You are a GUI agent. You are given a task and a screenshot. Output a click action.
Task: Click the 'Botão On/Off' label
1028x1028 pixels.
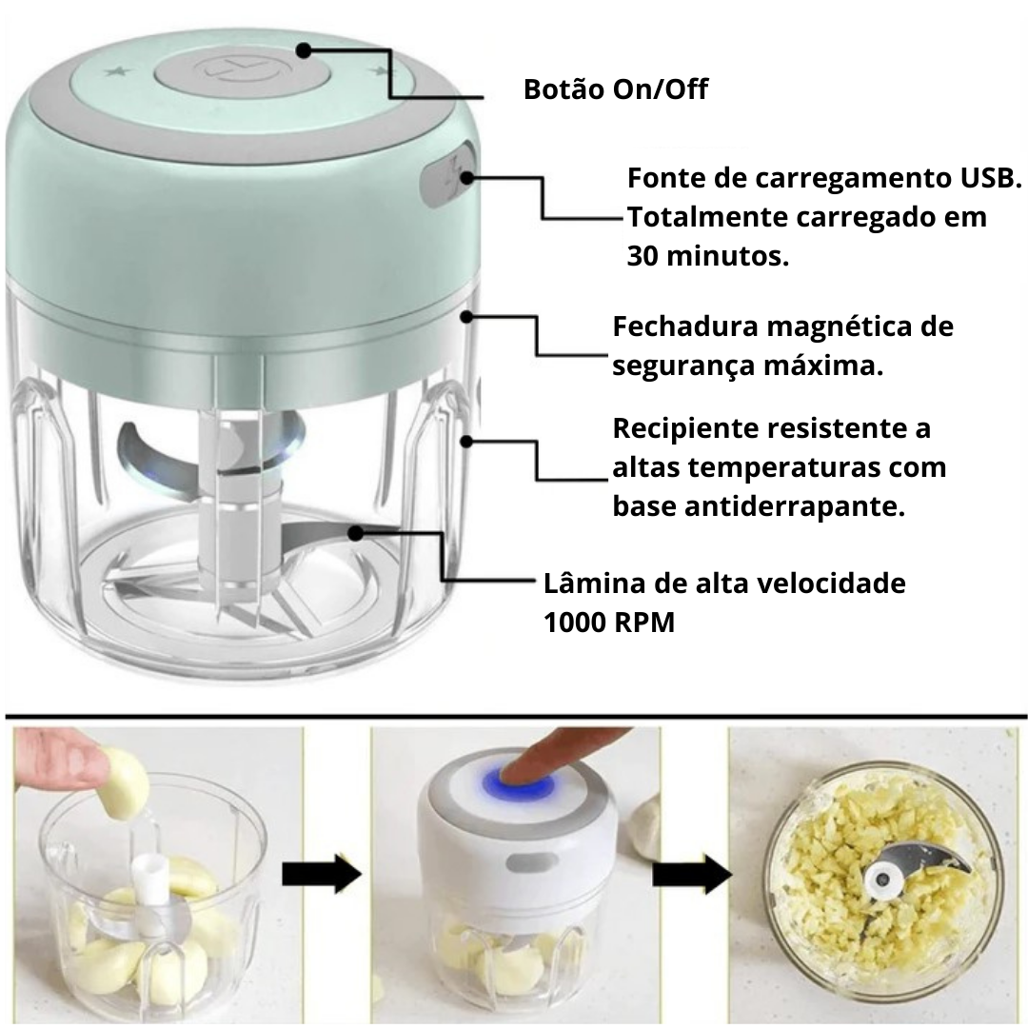point(616,90)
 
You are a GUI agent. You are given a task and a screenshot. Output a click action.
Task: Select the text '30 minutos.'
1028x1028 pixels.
point(708,256)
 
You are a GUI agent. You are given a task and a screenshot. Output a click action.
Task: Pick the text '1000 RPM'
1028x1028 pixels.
point(609,623)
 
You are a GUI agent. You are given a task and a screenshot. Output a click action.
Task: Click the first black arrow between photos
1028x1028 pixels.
point(323,874)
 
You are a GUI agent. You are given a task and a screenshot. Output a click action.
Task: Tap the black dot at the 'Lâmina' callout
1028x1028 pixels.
point(354,534)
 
